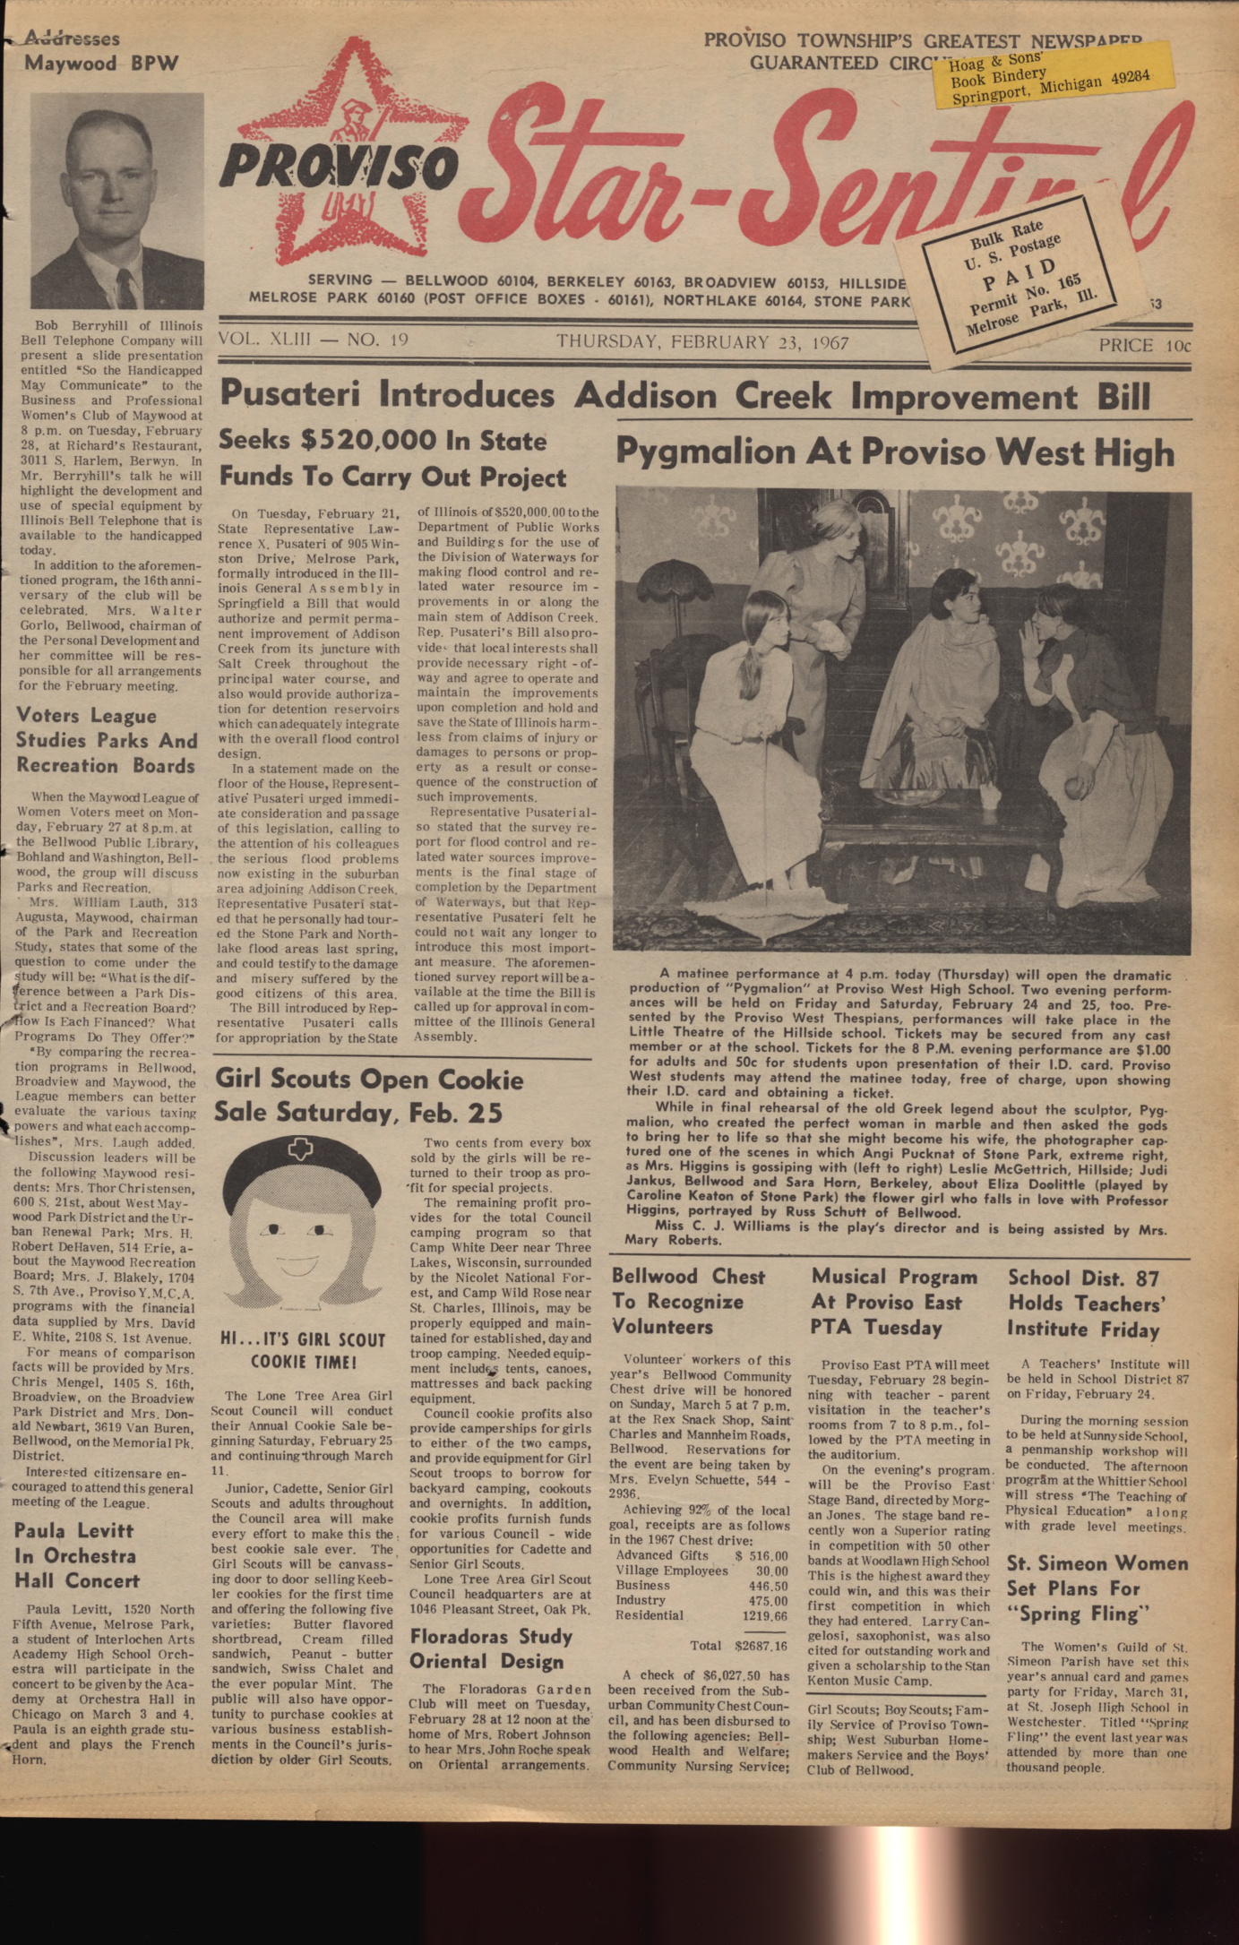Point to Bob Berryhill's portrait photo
point(116,202)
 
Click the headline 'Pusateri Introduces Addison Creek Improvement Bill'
point(685,394)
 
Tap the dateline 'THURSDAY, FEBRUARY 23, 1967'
point(702,342)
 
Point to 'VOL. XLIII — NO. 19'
point(313,340)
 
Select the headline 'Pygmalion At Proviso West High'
point(894,452)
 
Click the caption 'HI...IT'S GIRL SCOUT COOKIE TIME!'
point(304,1351)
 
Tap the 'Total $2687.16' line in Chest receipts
point(737,1646)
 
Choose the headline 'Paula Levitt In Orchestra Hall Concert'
point(78,1555)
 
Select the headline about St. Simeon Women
point(1097,1588)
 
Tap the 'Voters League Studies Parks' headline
point(106,741)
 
